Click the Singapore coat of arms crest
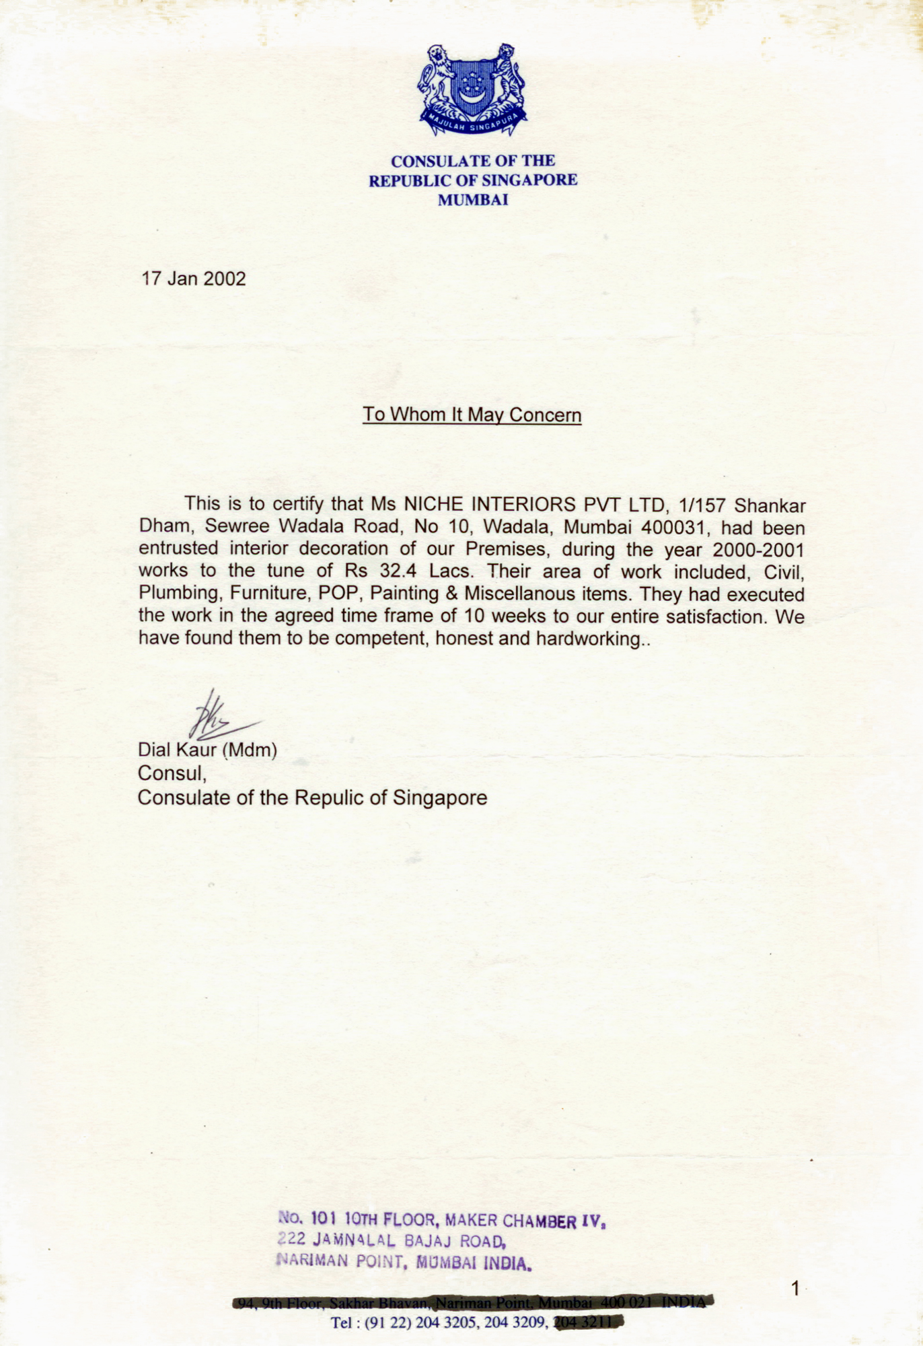click(472, 90)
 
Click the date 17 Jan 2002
click(193, 279)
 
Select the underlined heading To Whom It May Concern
click(472, 415)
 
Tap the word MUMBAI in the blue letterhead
click(473, 200)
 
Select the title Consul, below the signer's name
click(172, 773)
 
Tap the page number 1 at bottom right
click(796, 1289)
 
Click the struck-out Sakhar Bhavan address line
click(471, 1303)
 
